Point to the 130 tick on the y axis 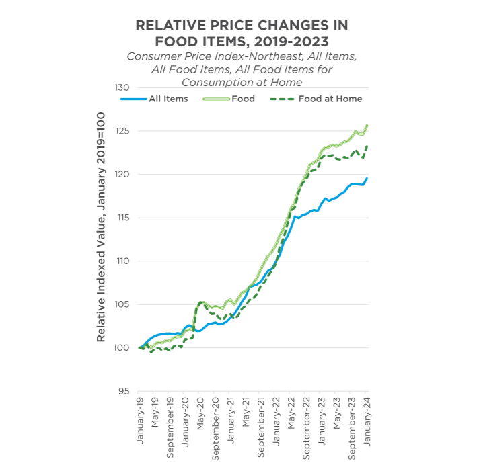[x=121, y=88]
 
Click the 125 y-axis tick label [x=121, y=131]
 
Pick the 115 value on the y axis [x=121, y=218]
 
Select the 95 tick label [x=124, y=391]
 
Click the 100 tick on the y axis [x=121, y=347]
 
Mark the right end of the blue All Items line [x=367, y=178]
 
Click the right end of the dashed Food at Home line [x=367, y=146]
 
